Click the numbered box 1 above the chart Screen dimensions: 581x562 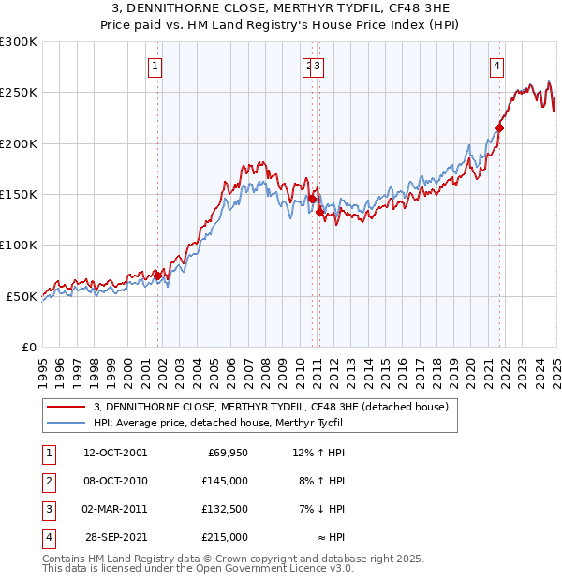(154, 67)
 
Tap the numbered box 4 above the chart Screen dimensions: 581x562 (496, 67)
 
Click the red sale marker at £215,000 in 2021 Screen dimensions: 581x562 (499, 127)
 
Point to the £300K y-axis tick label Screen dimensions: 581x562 (19, 42)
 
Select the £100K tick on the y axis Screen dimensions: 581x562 (19, 246)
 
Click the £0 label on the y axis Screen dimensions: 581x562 (27, 347)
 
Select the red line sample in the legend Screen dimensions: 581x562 (67, 407)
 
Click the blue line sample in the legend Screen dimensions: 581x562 (67, 423)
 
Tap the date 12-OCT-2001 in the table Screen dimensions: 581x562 (115, 454)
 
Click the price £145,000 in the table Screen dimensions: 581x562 (224, 482)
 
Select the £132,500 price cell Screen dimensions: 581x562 (224, 510)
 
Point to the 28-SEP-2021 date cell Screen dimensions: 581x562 (116, 538)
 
